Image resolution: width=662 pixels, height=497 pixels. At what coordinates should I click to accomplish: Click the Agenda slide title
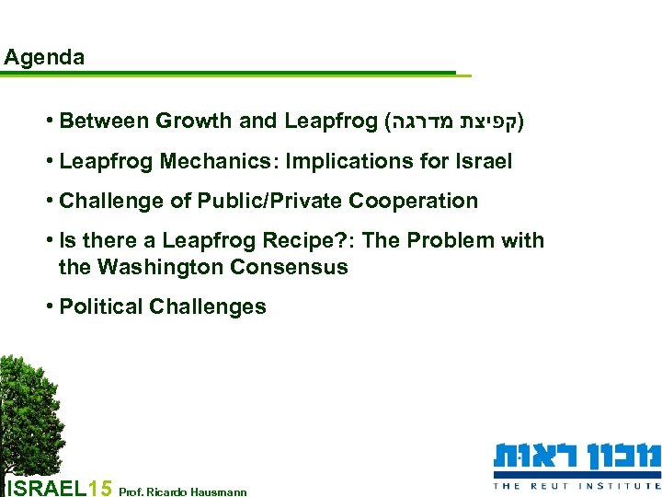coord(44,57)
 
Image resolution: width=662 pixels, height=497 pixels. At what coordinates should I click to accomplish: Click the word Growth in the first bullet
coord(194,121)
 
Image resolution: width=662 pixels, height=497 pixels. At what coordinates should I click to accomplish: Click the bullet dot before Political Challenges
coord(48,307)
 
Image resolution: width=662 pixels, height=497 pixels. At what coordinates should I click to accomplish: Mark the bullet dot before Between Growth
coord(48,121)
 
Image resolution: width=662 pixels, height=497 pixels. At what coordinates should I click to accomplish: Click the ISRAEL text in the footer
coord(46,487)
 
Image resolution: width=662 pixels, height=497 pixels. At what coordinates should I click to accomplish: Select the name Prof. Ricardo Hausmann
coord(183,491)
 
